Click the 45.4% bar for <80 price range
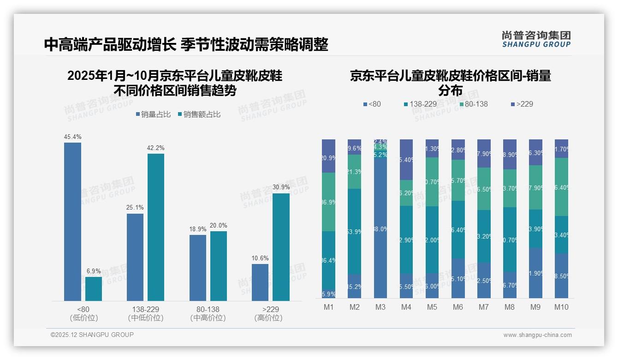pos(72,222)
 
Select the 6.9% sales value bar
pos(94,289)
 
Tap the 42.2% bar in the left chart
pos(156,227)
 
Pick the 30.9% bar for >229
pos(281,247)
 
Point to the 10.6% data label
pos(260,258)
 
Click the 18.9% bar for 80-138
pos(198,268)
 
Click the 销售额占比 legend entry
pos(199,114)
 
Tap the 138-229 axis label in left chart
pos(145,309)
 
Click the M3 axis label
pos(380,307)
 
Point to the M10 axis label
pos(561,307)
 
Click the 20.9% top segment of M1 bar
pos(328,156)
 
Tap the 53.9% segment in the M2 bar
pos(354,232)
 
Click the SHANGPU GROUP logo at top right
pos(536,39)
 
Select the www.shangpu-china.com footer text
pos(537,335)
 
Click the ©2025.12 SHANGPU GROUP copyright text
pos(92,335)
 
